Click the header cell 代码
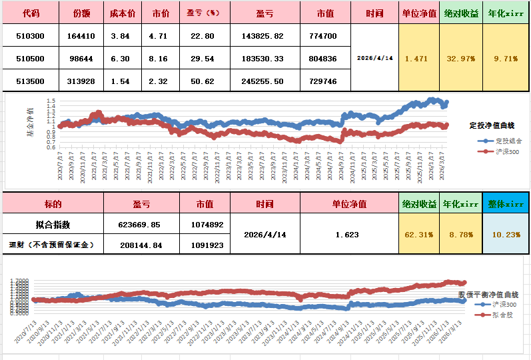pyautogui.click(x=30, y=13)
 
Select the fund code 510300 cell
pyautogui.click(x=30, y=36)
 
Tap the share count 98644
pyautogui.click(x=81, y=59)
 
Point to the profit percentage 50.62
pyautogui.click(x=201, y=81)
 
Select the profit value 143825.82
pyautogui.click(x=265, y=36)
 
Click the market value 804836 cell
pyautogui.click(x=323, y=59)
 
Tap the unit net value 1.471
pyautogui.click(x=416, y=59)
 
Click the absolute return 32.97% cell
pyautogui.click(x=461, y=59)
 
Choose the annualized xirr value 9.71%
pyautogui.click(x=506, y=59)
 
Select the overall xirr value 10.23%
pyautogui.click(x=506, y=235)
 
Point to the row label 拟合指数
pyautogui.click(x=53, y=225)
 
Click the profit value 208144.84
pyautogui.click(x=142, y=245)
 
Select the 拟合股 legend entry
pyautogui.click(x=502, y=313)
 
